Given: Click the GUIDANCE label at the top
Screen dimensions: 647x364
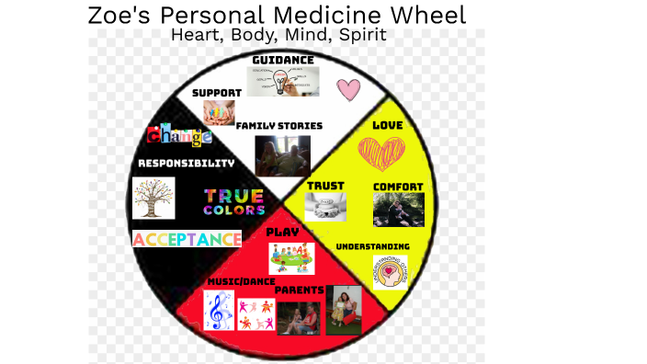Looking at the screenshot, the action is coord(283,60).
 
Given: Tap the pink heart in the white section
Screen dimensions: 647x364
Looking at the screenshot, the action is coord(348,89).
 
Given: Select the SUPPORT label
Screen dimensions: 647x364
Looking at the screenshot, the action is coord(217,93).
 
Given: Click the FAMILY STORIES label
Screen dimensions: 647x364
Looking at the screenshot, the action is coord(279,125).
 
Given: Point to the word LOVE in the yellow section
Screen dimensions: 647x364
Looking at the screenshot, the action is coord(388,124).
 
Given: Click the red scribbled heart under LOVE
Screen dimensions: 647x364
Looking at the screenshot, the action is coord(381,154).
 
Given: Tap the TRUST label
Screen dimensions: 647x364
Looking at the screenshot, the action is coord(325,186).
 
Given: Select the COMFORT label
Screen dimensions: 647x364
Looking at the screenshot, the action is coord(398,187).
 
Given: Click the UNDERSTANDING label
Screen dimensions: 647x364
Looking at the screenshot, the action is coord(372,246).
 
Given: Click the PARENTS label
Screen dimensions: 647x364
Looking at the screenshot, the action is coord(300,290).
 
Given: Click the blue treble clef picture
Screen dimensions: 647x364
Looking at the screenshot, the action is coord(218,311).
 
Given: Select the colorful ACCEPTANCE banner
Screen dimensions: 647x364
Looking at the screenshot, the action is coord(187,239).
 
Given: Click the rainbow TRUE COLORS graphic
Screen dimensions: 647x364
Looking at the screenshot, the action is coord(233,201).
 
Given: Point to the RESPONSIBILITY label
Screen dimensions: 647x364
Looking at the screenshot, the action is coord(186,163).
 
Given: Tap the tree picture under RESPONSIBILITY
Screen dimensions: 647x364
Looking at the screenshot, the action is coord(153,198).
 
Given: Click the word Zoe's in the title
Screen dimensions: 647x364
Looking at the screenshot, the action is coord(122,15).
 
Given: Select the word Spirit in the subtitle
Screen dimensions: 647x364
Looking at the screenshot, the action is coord(360,35).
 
